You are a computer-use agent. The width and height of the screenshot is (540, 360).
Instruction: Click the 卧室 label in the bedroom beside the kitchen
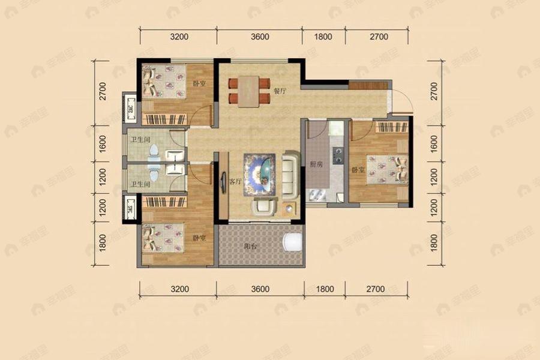(x=359, y=170)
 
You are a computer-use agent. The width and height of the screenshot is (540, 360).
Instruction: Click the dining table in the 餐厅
(x=248, y=92)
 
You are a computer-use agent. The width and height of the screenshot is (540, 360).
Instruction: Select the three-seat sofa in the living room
(x=290, y=176)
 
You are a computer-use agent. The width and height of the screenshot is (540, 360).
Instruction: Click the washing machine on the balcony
(x=292, y=243)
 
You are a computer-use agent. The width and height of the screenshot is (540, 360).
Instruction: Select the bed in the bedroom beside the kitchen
(x=386, y=168)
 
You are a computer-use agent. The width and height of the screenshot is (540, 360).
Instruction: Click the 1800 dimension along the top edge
(x=323, y=37)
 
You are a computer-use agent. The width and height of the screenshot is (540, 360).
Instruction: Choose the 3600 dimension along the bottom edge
(x=259, y=289)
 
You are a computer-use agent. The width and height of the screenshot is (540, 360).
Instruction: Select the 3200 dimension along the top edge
(x=179, y=37)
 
